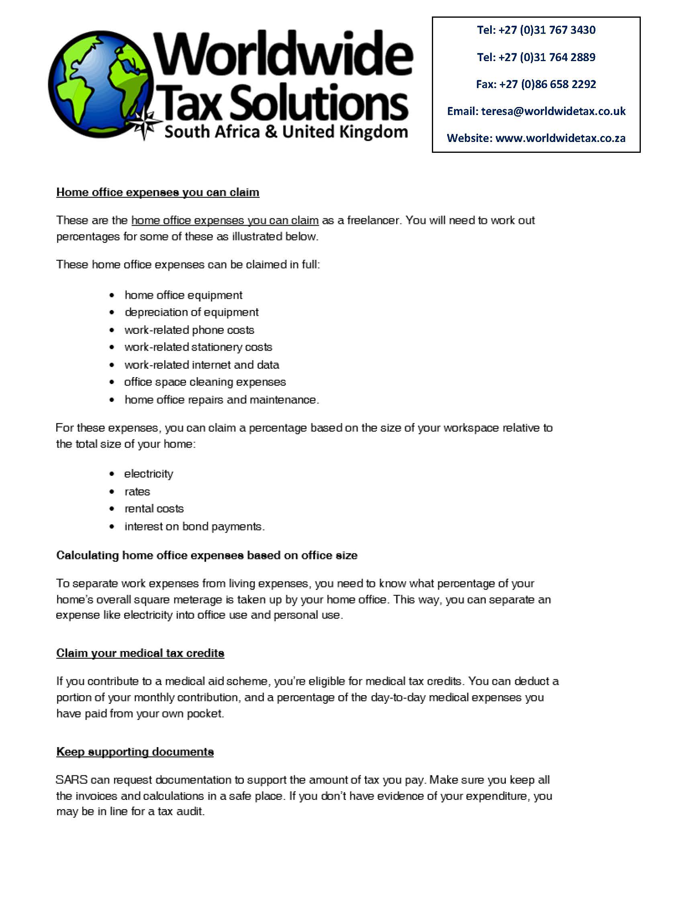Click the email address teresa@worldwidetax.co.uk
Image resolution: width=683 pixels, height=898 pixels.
pos(553,111)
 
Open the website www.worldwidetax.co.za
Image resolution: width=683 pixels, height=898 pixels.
pos(560,138)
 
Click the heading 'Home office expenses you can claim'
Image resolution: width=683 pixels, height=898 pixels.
pos(158,192)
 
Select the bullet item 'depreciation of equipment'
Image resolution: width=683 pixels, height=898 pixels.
pos(192,312)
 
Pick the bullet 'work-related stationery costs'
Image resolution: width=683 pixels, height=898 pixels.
pos(198,347)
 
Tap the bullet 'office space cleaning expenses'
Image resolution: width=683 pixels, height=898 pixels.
pos(205,382)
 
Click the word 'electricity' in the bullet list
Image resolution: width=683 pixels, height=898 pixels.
pos(149,474)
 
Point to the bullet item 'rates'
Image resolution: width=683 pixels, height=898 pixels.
pos(137,491)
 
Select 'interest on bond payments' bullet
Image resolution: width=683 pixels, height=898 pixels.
pos(194,526)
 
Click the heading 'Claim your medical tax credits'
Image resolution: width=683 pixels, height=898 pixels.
pos(140,653)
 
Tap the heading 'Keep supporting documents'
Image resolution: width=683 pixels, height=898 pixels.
pos(135,752)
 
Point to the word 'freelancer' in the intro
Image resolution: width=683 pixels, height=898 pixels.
pos(374,220)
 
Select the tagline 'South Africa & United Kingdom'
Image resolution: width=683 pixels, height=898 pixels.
pos(286,132)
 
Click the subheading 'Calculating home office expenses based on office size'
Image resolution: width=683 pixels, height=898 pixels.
pos(207,555)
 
